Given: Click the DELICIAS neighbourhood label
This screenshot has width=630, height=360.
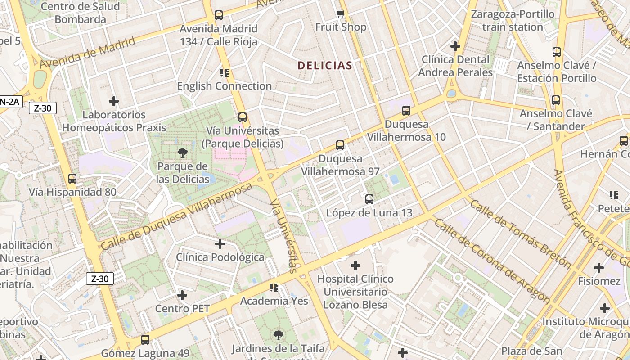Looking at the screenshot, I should pos(324,66).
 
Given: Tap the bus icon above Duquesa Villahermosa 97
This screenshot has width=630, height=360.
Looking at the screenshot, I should pos(340,145).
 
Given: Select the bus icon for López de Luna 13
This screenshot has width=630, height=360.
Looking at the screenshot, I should pos(369,199).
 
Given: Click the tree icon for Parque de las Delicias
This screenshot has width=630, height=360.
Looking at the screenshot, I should pos(182,153).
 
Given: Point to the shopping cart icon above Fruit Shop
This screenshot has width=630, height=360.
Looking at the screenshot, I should pos(340,14).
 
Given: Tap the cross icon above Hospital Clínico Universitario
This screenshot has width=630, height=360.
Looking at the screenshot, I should pos(355,265).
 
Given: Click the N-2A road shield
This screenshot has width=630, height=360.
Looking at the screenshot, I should pos(9,102).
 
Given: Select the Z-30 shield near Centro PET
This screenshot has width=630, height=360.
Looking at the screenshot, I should pos(99,279).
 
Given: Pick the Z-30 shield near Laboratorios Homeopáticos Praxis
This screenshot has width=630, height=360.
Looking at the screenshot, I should pos(43,108).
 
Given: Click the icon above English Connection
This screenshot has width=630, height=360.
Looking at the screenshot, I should pos(224,72).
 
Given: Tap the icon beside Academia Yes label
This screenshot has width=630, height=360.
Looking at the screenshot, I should pos(274,287).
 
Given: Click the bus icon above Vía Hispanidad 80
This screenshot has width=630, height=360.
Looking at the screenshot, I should pos(72,179).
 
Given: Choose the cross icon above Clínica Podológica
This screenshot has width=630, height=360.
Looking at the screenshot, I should pos(220,244).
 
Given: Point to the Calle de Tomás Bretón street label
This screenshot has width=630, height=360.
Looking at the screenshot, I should pos(520,234).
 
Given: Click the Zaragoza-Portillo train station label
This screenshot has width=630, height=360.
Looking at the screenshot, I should pos(513,21).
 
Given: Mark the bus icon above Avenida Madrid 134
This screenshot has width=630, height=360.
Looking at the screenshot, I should pos(219,15).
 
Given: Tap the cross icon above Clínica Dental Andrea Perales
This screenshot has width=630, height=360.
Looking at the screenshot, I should pos(455,46).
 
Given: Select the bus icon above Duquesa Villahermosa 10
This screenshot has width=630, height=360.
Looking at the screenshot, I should pos(406,110).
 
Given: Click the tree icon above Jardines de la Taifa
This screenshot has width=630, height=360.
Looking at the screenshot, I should pos(279,335).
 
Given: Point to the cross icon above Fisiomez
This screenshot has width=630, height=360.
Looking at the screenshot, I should pos(599,268).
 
